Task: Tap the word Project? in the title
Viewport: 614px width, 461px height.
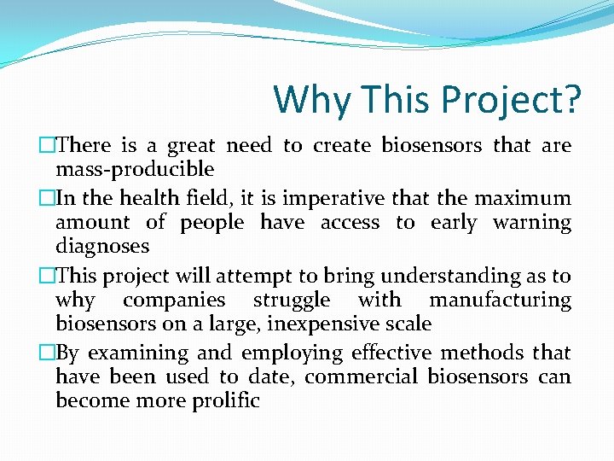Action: [511, 102]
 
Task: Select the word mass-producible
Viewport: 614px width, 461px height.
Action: [135, 169]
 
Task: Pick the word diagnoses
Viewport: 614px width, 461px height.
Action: [102, 247]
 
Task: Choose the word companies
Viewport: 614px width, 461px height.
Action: [174, 301]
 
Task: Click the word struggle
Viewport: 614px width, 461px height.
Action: [292, 301]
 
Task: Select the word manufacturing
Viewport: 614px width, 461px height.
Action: [500, 301]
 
